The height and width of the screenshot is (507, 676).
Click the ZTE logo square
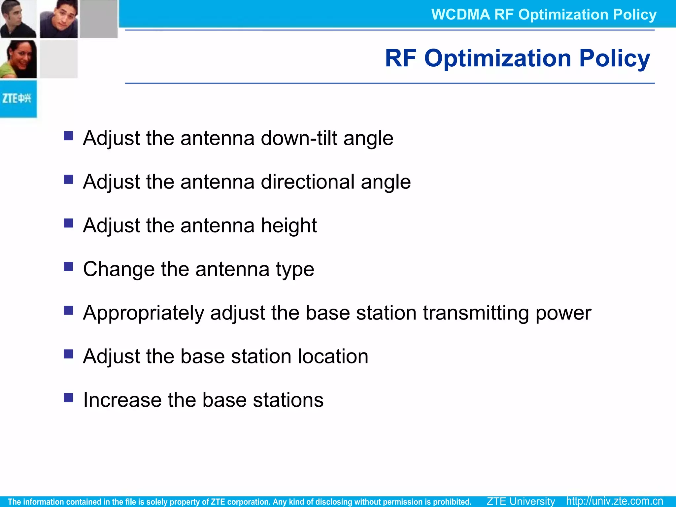(x=18, y=99)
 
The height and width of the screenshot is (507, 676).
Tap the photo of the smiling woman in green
(x=18, y=59)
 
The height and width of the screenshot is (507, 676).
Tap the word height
(x=289, y=225)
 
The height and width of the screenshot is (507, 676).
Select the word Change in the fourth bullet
(x=119, y=269)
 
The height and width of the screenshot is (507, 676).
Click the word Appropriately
(x=144, y=313)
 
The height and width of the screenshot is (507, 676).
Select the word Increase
(x=122, y=400)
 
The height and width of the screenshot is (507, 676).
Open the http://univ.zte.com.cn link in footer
(x=614, y=501)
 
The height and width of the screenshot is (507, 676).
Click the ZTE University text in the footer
(x=521, y=501)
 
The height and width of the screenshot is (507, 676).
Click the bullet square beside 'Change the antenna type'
(x=68, y=266)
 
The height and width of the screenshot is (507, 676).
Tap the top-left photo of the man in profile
(x=18, y=19)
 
